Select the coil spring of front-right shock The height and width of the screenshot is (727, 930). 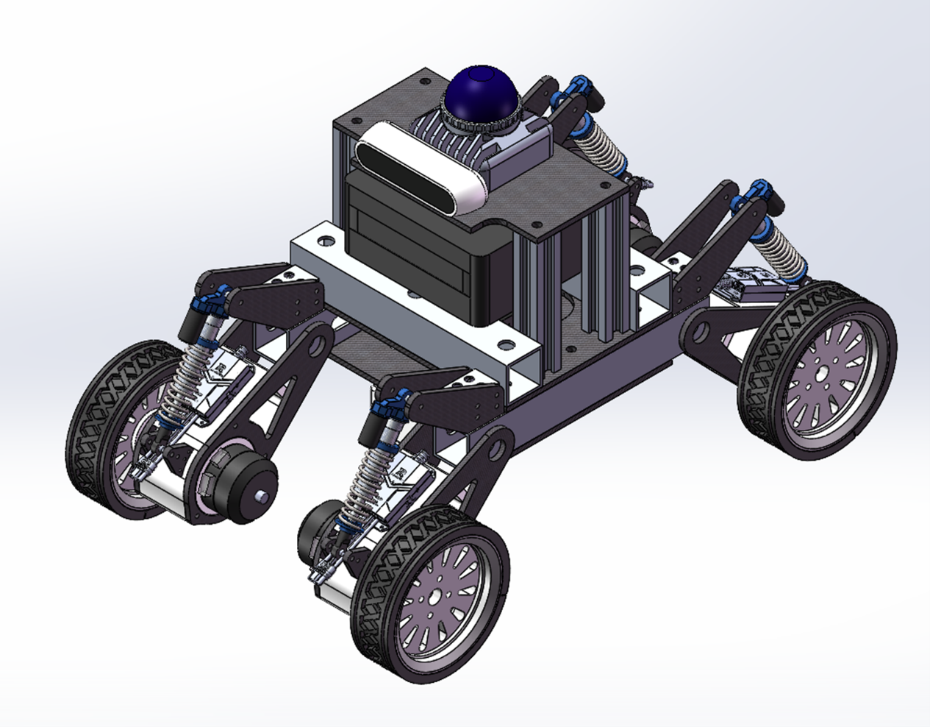(365, 478)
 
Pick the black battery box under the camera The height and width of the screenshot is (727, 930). (412, 250)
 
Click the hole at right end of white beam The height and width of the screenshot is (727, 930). (506, 344)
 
